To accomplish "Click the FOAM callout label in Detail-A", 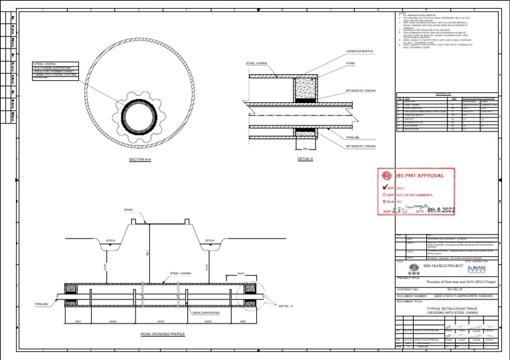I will point(351,63).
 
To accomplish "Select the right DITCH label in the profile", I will point(210,240).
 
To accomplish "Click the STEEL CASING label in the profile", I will point(181,273).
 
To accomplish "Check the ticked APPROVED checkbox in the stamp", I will point(384,188).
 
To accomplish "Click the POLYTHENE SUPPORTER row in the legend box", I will point(56,68).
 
